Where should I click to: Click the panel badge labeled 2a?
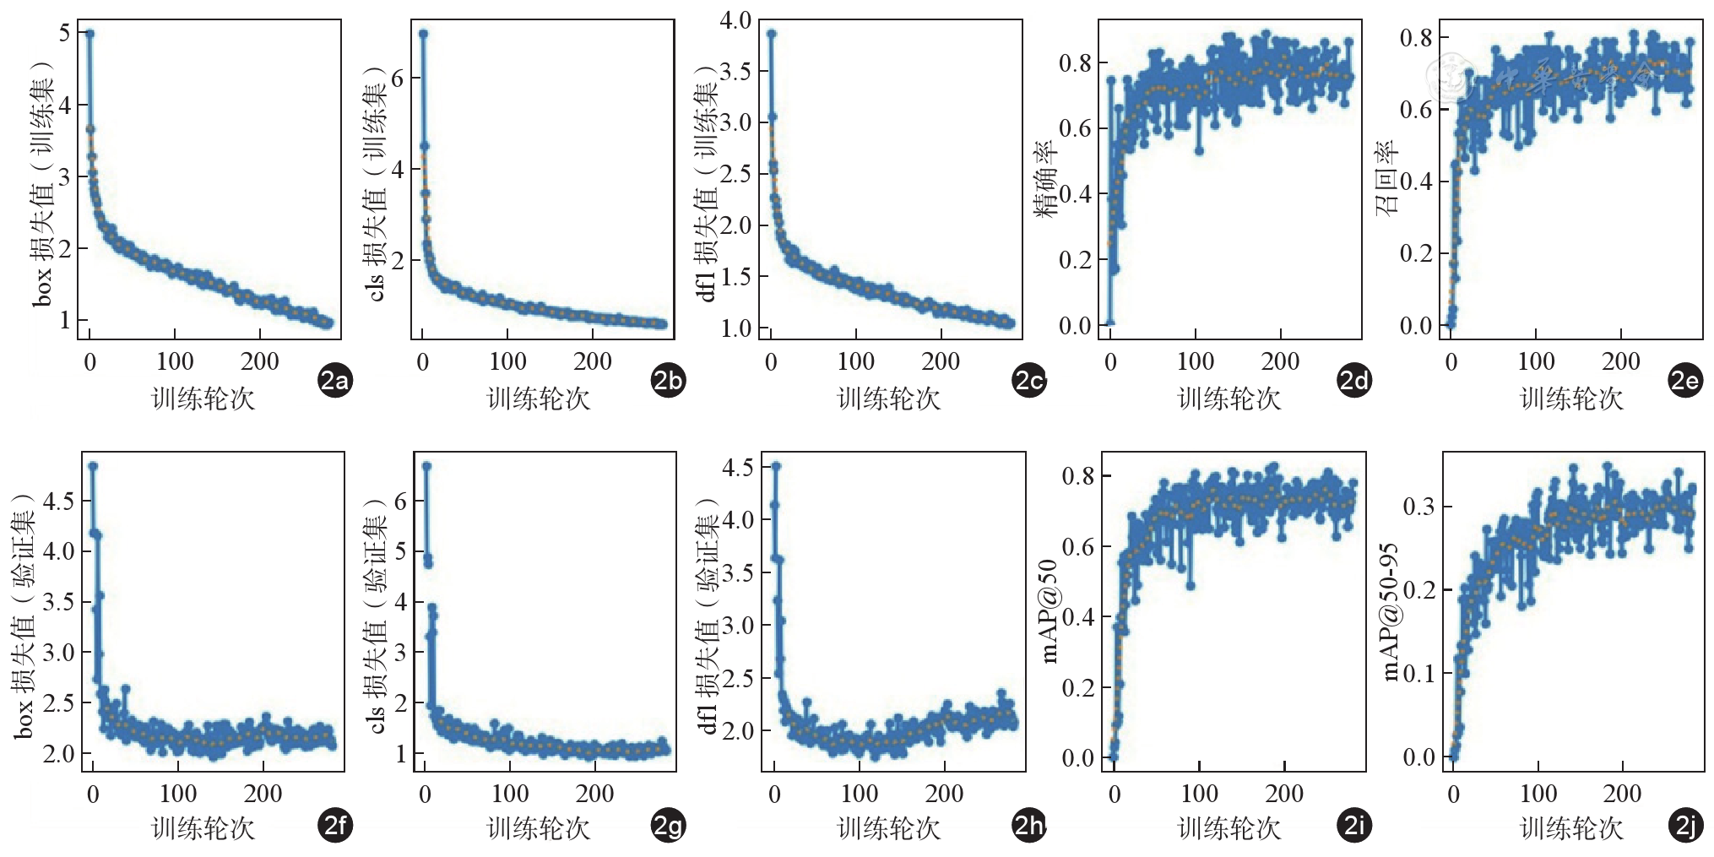point(334,382)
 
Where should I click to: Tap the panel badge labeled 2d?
point(1354,382)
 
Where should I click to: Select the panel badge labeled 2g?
point(668,826)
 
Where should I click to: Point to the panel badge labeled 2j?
point(1686,826)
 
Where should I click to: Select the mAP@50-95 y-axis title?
point(1390,611)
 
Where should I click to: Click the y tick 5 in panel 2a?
point(65,33)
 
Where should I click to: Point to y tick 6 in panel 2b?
point(398,79)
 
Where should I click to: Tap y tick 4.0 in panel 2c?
point(735,20)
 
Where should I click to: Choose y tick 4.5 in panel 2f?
point(58,502)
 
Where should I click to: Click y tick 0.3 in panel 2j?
point(1419,507)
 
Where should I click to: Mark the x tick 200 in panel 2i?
point(1283,794)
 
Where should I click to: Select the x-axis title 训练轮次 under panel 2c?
point(888,399)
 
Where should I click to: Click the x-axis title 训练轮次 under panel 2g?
point(539,828)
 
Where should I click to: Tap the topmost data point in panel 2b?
point(423,34)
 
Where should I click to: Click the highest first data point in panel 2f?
point(93,466)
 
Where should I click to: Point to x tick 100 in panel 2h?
point(859,794)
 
